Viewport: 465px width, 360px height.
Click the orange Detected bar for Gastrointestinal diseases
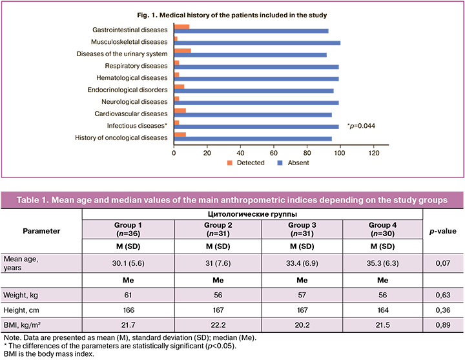click(x=181, y=26)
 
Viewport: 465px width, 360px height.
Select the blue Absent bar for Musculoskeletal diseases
click(x=258, y=43)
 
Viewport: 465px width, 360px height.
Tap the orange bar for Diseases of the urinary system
click(x=183, y=51)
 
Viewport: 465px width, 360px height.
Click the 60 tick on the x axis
click(x=274, y=154)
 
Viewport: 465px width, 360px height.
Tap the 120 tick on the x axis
click(x=374, y=154)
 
